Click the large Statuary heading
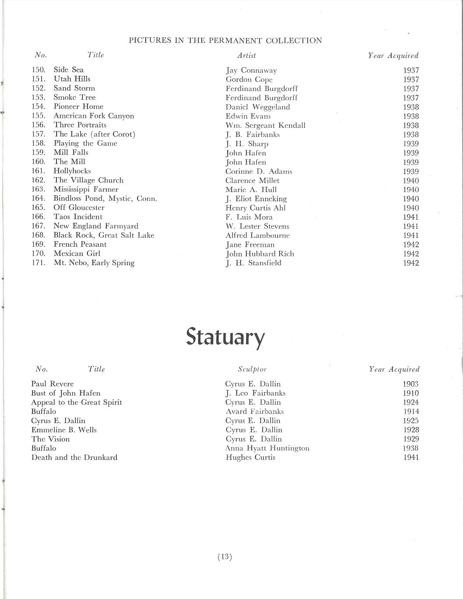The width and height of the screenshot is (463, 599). (225, 337)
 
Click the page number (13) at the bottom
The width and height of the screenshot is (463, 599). (224, 557)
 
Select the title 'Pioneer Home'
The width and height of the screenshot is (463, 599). (78, 106)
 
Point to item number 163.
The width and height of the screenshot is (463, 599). (39, 189)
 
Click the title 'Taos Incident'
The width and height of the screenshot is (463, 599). (78, 217)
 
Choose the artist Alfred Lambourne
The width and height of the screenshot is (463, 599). (257, 235)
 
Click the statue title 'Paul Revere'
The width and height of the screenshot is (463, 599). (53, 384)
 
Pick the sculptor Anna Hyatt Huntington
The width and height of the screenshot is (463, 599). (267, 448)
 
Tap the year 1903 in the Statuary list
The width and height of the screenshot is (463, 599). (410, 384)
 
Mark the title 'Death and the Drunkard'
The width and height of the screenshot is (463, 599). (74, 457)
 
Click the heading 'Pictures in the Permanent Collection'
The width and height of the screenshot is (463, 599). (225, 41)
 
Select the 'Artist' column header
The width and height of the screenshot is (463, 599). (246, 56)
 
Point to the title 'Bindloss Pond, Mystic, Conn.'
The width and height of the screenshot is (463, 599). (105, 198)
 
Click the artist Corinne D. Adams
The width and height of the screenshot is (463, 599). (259, 172)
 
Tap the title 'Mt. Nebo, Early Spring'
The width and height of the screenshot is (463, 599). (94, 263)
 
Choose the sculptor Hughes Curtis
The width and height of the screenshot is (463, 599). (250, 457)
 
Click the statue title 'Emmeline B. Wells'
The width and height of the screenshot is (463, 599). (64, 430)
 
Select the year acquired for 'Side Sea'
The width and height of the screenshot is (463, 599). (411, 70)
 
